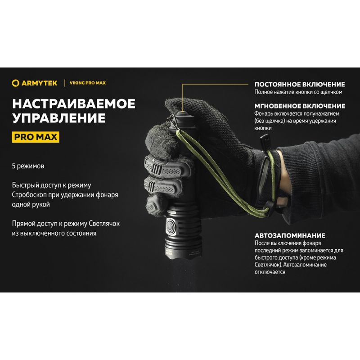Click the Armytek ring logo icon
pyautogui.click(x=15, y=83)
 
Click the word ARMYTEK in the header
pyautogui.click(x=39, y=83)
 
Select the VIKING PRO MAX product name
pyautogui.click(x=87, y=83)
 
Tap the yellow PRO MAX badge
pyautogui.click(x=36, y=137)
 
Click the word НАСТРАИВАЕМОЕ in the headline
pyautogui.click(x=74, y=104)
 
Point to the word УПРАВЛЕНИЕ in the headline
pyautogui.click(x=59, y=118)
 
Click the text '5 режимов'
pyautogui.click(x=28, y=166)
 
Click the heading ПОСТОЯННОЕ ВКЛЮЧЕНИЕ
pyautogui.click(x=300, y=85)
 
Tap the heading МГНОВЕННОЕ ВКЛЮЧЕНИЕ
pyautogui.click(x=300, y=106)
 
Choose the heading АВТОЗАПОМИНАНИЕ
pyautogui.click(x=290, y=235)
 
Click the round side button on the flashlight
pyautogui.click(x=171, y=226)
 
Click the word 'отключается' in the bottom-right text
pyautogui.click(x=270, y=272)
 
